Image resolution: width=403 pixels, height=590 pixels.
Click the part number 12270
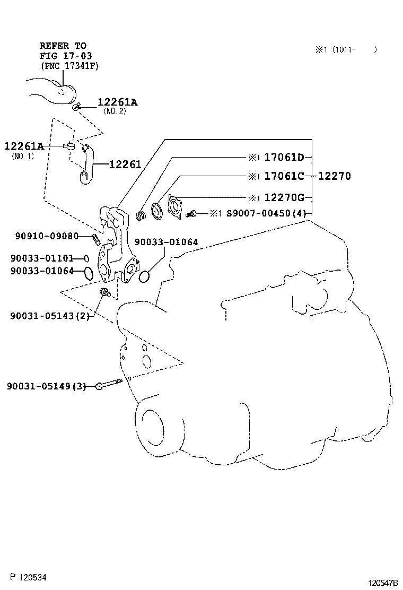[334, 176]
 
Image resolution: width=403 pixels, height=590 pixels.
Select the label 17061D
[284, 157]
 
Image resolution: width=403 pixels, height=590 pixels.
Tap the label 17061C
[284, 176]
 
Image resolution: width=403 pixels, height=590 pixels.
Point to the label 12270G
[284, 198]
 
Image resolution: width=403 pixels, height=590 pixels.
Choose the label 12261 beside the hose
[125, 164]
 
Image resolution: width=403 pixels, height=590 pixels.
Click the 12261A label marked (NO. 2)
[117, 102]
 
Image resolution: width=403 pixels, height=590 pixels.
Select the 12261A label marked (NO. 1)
[24, 146]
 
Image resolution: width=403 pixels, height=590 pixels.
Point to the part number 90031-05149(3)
[46, 386]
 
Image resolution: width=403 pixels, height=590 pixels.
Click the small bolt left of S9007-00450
[192, 213]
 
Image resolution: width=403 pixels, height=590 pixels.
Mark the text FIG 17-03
[63, 56]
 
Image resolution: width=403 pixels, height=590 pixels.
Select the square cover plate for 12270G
[175, 206]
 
